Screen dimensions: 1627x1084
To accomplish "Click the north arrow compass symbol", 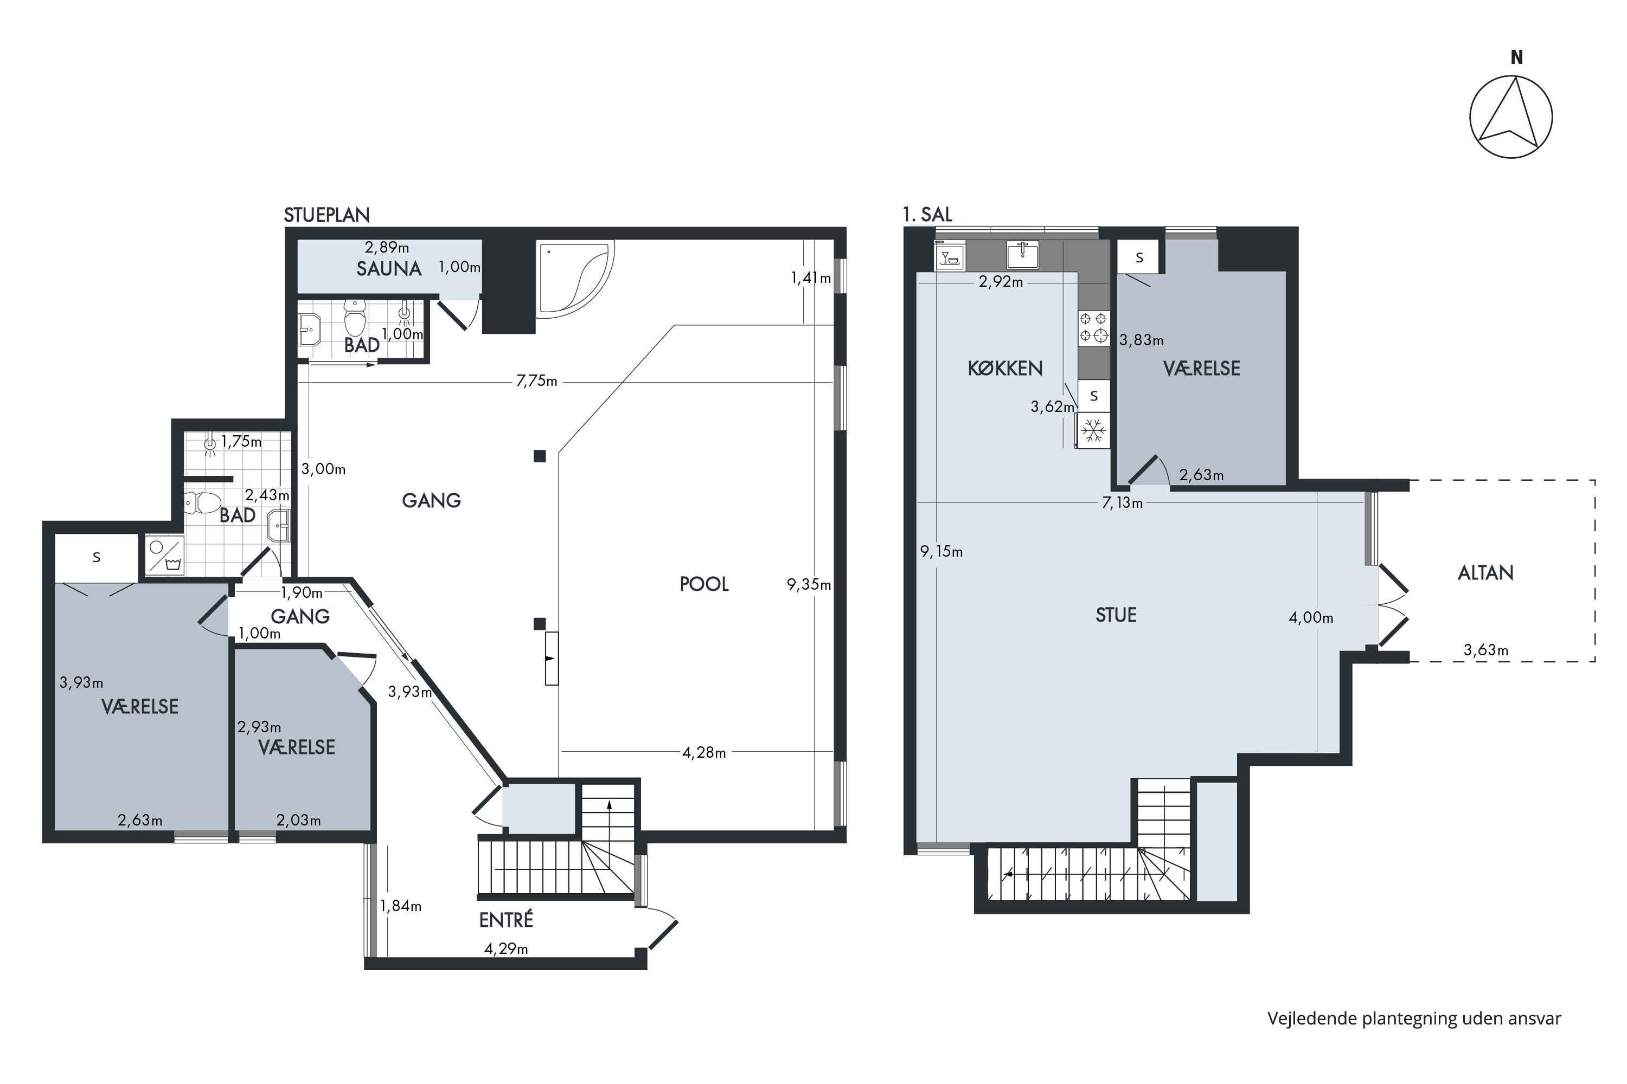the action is (1511, 116).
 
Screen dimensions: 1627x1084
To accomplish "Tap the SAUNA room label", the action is (389, 269).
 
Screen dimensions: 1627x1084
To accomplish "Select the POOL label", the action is (704, 584).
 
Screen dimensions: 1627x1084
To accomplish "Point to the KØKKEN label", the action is (1005, 369).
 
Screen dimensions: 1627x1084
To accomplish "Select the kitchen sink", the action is (1022, 254).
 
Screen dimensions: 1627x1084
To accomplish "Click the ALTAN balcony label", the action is (1485, 572).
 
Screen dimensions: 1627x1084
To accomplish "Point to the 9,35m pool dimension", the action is (809, 584).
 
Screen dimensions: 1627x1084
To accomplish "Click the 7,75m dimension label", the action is (537, 381).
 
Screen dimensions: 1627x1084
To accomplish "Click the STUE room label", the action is (1116, 615).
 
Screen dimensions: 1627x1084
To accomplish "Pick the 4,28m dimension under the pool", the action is (704, 752).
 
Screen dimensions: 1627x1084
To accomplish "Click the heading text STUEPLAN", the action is (326, 215).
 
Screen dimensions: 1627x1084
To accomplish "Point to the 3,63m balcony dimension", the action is (1486, 650).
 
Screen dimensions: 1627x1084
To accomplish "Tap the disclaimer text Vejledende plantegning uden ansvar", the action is (1414, 1018).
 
